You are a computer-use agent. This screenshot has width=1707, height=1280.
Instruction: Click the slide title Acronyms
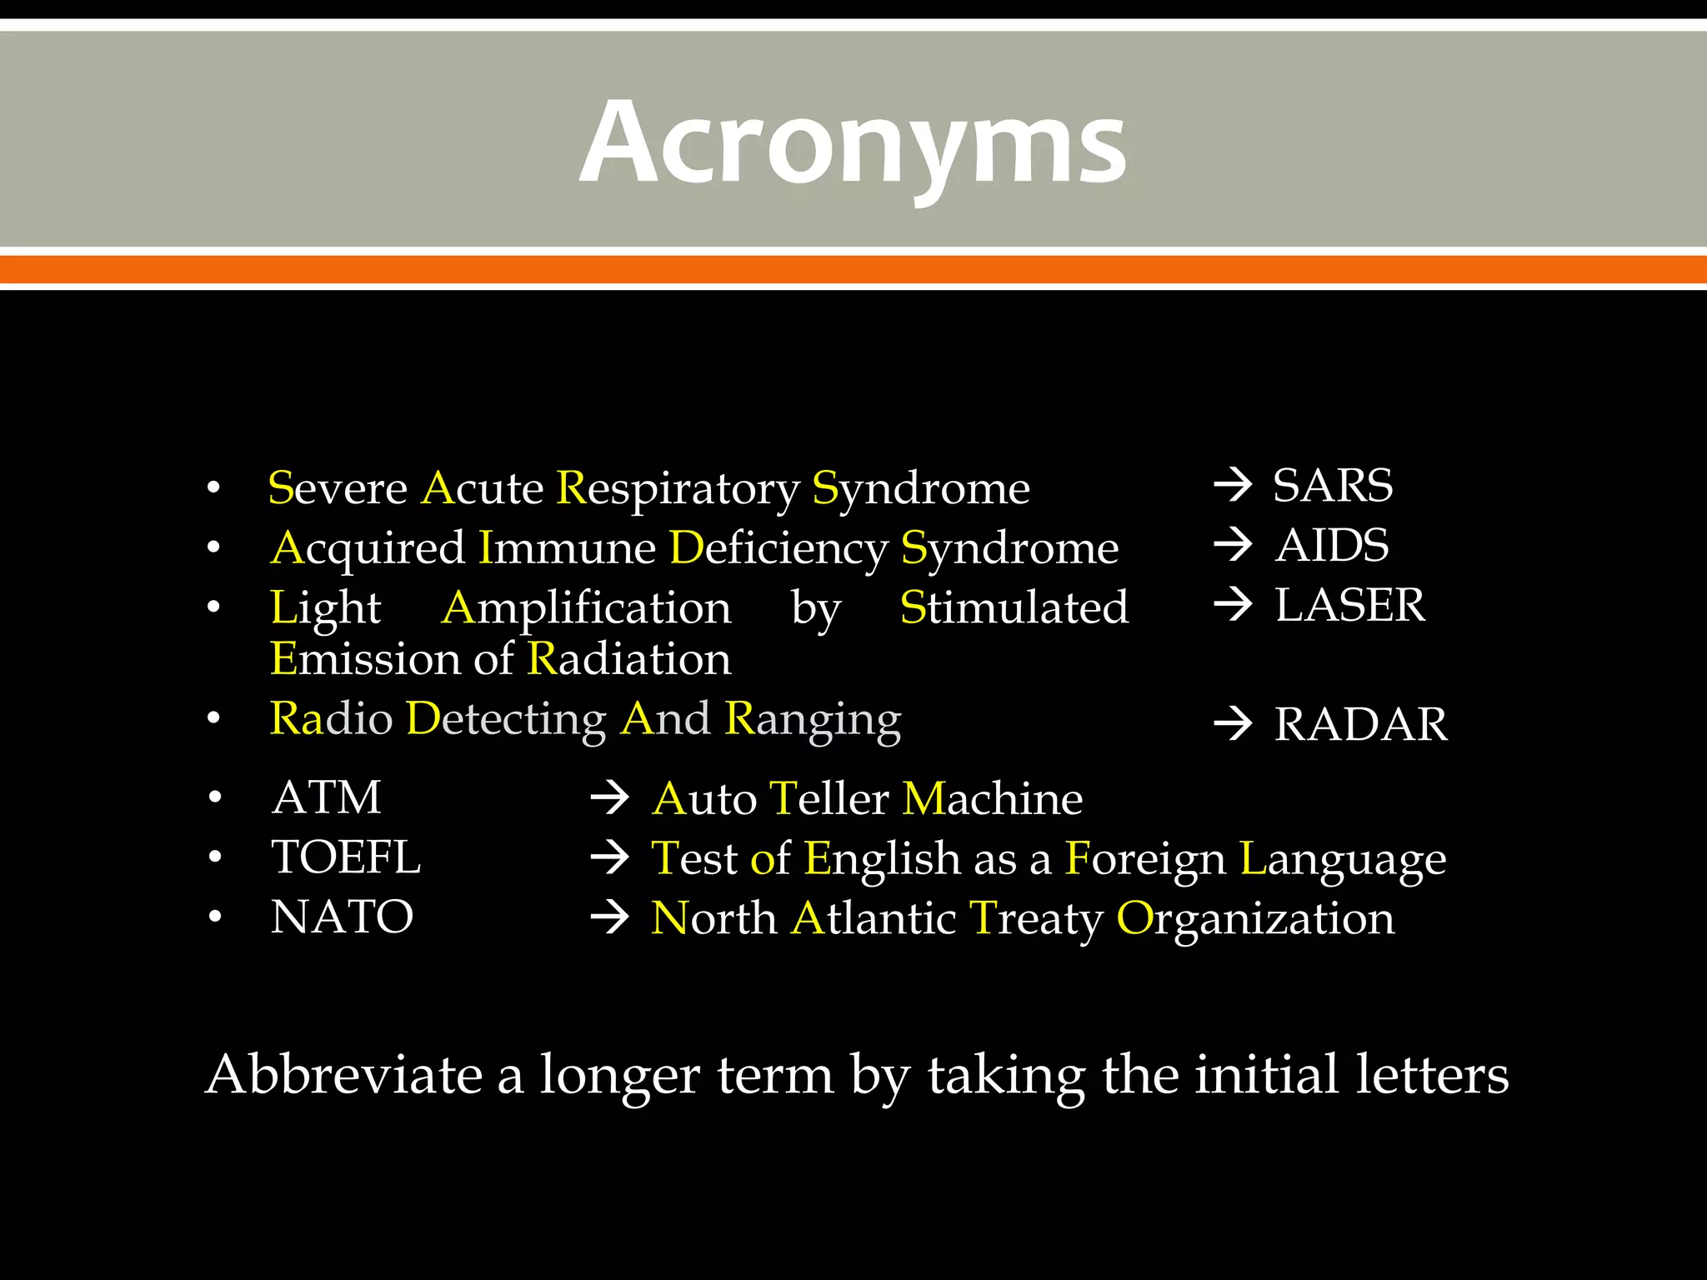[853, 143]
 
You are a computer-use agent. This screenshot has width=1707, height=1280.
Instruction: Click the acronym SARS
[1333, 485]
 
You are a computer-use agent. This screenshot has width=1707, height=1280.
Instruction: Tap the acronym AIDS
[1332, 545]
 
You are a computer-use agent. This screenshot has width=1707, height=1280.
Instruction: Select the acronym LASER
[1349, 605]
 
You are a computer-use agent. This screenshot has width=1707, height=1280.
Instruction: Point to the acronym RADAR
[1361, 723]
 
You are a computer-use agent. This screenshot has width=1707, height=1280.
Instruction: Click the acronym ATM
[327, 797]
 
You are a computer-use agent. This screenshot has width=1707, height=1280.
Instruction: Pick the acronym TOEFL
[346, 857]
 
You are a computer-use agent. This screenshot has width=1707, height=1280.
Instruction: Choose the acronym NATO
[342, 917]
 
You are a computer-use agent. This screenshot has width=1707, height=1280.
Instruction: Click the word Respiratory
[677, 489]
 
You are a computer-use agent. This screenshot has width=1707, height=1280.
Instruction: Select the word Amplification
[587, 608]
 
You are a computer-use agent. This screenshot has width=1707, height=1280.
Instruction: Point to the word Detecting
[506, 718]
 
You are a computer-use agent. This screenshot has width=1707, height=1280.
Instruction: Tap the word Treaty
[1036, 919]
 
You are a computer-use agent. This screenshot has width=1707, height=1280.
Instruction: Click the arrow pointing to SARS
[1233, 485]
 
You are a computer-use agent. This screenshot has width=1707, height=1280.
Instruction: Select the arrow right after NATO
[609, 917]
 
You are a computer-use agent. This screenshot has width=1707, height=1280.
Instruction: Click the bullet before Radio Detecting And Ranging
[214, 718]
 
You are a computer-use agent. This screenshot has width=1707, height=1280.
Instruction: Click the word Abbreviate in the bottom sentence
[344, 1074]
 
